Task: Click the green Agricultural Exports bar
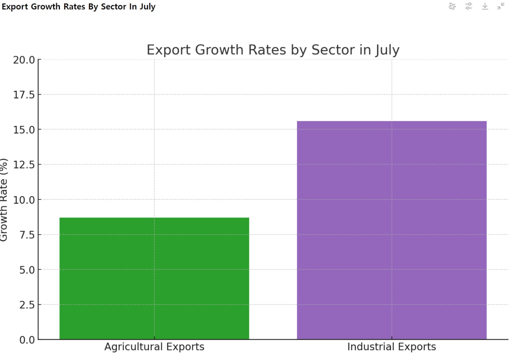(x=154, y=278)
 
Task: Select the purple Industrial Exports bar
(x=391, y=230)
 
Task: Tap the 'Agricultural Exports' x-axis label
(x=154, y=347)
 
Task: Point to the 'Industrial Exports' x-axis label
(x=391, y=347)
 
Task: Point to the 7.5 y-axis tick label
(x=26, y=235)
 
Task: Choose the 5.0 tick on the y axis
(x=26, y=269)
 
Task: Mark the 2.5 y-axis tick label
(x=26, y=305)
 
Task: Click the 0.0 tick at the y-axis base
(x=26, y=340)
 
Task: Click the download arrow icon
(x=485, y=6)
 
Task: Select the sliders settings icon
(x=469, y=6)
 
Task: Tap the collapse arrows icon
(x=501, y=6)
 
